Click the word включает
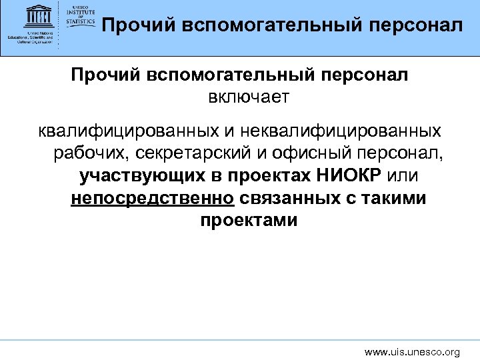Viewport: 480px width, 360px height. tap(249, 98)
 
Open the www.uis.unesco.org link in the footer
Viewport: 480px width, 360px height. tap(412, 351)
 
